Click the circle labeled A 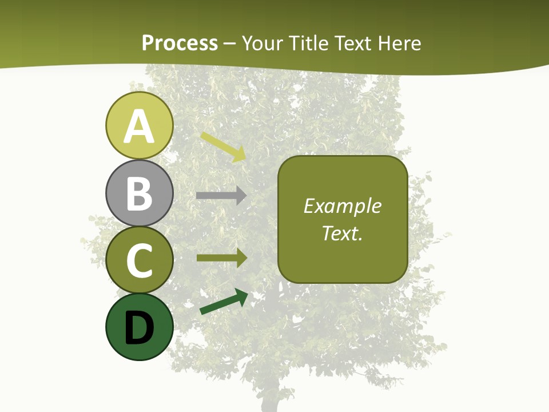click(x=139, y=125)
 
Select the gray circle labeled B click(x=139, y=193)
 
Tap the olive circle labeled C click(x=139, y=260)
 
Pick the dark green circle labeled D click(x=139, y=327)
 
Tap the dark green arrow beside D click(x=224, y=302)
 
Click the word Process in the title click(x=180, y=43)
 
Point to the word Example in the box click(x=343, y=206)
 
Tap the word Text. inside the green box click(x=343, y=233)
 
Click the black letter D click(x=139, y=328)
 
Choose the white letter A click(x=139, y=126)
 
